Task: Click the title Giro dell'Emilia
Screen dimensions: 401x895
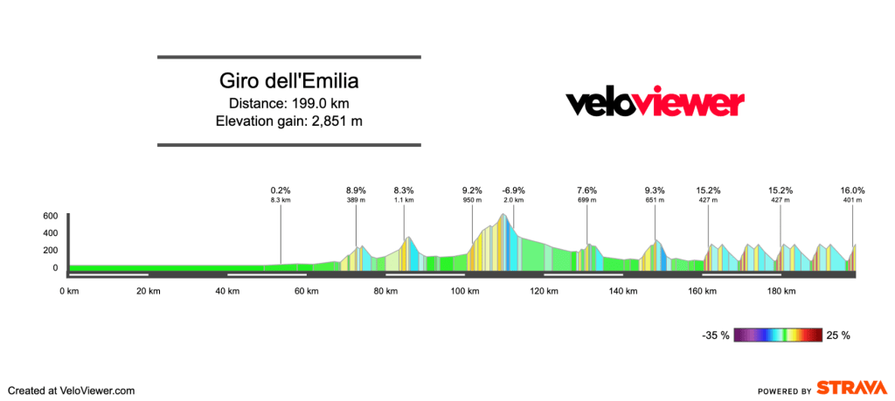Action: click(x=288, y=82)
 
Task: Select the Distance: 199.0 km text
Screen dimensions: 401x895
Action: click(x=288, y=103)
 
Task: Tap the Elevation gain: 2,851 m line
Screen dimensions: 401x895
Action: click(x=288, y=121)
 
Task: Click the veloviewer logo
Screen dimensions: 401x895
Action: click(x=655, y=103)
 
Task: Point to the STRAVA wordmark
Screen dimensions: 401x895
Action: click(x=850, y=389)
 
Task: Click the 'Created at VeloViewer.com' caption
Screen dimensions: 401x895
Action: click(x=72, y=391)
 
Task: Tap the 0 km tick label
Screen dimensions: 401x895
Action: click(x=67, y=291)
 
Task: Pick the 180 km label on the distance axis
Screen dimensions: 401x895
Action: click(x=779, y=291)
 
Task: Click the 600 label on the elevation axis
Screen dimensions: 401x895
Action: click(x=50, y=216)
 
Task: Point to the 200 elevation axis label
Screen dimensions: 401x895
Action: click(x=50, y=251)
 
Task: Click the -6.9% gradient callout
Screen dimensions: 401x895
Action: click(x=513, y=190)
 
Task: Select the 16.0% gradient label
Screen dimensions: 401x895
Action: click(x=852, y=190)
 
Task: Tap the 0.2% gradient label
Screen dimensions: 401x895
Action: click(x=281, y=190)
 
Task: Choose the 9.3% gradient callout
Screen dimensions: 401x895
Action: click(x=655, y=190)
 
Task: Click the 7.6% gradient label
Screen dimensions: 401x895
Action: click(x=586, y=190)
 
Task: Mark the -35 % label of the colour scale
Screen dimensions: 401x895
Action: click(x=717, y=335)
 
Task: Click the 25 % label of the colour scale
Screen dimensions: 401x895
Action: click(x=837, y=335)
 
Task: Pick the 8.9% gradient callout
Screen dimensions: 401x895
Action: click(x=356, y=190)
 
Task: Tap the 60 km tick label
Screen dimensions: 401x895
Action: click(x=304, y=291)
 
